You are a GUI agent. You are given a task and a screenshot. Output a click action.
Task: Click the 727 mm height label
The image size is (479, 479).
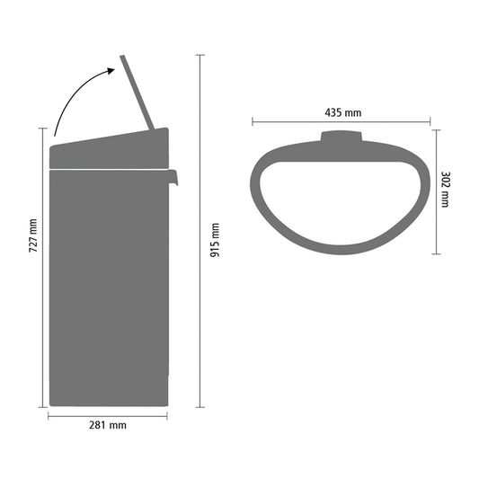(x=33, y=235)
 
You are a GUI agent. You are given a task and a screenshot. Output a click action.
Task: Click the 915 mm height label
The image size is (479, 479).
(x=215, y=240)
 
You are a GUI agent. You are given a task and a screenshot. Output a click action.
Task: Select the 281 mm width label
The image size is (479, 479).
(x=108, y=425)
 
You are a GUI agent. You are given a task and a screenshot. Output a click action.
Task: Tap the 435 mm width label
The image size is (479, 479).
(x=343, y=112)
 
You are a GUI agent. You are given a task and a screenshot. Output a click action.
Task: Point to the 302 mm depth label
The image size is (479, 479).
(x=446, y=190)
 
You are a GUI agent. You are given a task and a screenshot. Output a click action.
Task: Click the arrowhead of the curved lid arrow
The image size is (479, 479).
(x=111, y=71)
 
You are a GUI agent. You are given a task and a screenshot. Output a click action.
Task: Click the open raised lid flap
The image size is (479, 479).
(x=137, y=93)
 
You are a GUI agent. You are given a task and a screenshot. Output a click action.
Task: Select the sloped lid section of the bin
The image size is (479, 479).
(x=109, y=148)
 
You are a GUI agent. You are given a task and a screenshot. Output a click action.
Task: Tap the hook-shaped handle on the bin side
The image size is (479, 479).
(x=173, y=177)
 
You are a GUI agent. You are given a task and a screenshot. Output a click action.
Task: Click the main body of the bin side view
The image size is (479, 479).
(x=109, y=288)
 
